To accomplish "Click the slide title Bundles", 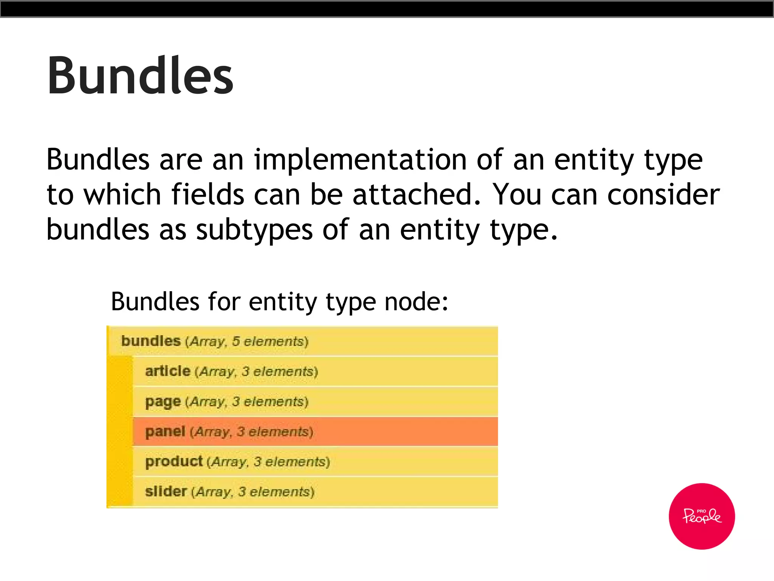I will [140, 76].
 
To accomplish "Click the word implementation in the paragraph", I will [360, 160].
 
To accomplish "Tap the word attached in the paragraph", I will [417, 194].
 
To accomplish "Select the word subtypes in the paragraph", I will [254, 230].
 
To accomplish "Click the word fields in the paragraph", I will [207, 194].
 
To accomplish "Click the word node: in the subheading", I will [416, 302].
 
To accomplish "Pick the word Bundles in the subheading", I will [155, 302].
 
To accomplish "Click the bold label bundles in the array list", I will [151, 341].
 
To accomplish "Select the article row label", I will [167, 371].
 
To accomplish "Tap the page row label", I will [163, 402].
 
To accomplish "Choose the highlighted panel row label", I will [165, 432].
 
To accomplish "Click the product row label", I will [174, 462].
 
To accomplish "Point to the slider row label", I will [166, 492].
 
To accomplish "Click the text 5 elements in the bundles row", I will [268, 342].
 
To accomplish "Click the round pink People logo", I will [701, 516].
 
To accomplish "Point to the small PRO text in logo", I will [701, 511].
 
